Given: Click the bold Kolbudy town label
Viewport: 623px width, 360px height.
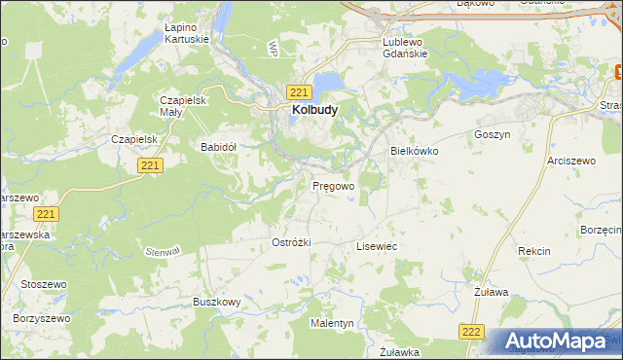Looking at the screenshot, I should click(x=314, y=111).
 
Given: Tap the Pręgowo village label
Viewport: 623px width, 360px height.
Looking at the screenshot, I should click(x=333, y=184).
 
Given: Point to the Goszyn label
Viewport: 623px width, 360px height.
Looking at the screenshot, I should click(x=492, y=135).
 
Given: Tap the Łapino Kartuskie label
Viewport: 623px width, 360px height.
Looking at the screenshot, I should click(x=187, y=33).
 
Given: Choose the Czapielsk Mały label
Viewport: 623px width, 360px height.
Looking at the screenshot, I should click(x=179, y=106).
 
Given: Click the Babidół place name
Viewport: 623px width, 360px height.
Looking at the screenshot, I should click(x=219, y=147).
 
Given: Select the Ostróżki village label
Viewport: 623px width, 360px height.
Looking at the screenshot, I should click(x=291, y=242).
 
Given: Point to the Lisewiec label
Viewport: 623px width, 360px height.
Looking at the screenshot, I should click(x=377, y=247).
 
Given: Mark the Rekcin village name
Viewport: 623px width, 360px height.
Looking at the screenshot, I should click(x=534, y=251).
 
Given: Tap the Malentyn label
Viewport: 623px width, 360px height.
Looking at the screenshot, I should click(x=332, y=322).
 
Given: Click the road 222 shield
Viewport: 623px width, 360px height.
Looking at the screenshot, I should click(x=472, y=332).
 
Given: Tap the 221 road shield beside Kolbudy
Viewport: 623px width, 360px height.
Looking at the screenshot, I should click(x=299, y=91).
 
